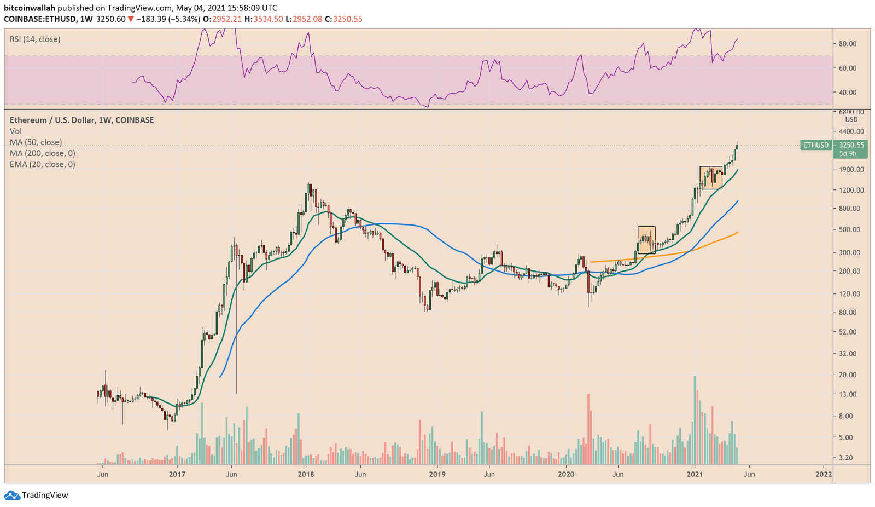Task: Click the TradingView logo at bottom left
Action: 37,495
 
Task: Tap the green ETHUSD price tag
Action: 815,145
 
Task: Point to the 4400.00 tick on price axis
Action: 851,131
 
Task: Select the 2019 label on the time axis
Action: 437,474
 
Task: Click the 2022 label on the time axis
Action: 824,474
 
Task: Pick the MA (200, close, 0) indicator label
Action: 42,153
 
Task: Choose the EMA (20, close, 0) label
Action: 42,164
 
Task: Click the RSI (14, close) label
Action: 35,39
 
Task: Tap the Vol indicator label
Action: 15,131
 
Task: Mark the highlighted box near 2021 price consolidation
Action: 711,178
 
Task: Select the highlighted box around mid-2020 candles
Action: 646,240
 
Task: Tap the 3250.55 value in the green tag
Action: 851,145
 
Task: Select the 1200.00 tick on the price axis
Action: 851,190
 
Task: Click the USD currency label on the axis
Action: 851,119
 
